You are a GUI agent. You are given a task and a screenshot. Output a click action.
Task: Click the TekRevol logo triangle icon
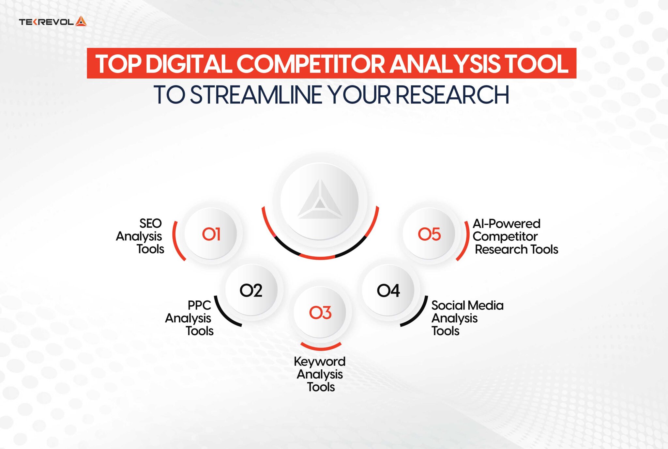[x=81, y=22]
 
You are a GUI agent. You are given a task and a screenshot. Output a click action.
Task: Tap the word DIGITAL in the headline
[x=189, y=64]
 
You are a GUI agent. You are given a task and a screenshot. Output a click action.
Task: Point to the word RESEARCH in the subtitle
[x=452, y=95]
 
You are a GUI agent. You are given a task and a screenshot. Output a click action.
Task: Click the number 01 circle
[x=211, y=234]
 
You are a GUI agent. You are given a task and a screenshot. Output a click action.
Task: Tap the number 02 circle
[x=251, y=290]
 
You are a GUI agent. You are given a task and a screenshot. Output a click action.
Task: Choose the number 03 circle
[x=320, y=313]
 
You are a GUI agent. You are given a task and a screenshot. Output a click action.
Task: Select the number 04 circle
[x=388, y=290]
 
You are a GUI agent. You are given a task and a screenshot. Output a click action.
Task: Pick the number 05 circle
[x=429, y=234]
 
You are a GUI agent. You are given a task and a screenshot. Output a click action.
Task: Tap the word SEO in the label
[x=150, y=224]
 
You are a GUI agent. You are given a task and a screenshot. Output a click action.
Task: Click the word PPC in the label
[x=199, y=306]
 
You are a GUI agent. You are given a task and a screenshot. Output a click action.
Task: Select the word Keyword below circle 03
[x=320, y=361]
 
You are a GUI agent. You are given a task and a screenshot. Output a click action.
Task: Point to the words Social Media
[x=467, y=306]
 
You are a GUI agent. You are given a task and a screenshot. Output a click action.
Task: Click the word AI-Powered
[x=506, y=224]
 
